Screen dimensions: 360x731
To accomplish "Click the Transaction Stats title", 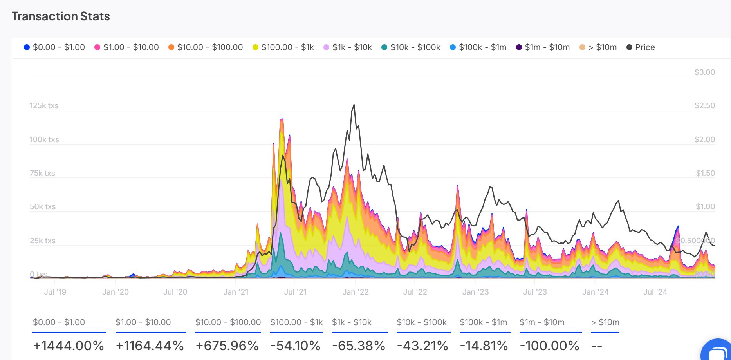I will (61, 16).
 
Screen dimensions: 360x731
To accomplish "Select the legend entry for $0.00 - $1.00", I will (54, 47).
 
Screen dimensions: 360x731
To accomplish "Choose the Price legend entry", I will (641, 47).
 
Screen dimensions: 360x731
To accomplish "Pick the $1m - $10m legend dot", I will (519, 47).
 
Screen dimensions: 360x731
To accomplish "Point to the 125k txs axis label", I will (44, 105).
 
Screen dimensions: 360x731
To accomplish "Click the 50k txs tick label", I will (43, 206).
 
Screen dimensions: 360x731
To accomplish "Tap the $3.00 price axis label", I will (704, 72).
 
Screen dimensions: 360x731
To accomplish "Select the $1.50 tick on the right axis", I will (705, 173).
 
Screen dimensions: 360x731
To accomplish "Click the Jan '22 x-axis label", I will (356, 292).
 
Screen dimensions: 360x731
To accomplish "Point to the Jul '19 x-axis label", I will (55, 292).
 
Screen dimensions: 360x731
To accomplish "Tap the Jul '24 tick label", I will (655, 292).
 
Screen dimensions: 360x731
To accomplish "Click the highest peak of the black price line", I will (354, 105).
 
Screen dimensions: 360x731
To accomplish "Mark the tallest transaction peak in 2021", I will (282, 119).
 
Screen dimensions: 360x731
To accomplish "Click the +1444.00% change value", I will (69, 346).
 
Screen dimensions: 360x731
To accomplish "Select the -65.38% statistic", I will (359, 346).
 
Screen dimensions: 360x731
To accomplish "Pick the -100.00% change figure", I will (549, 346).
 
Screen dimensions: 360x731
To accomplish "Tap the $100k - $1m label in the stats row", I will (483, 322).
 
